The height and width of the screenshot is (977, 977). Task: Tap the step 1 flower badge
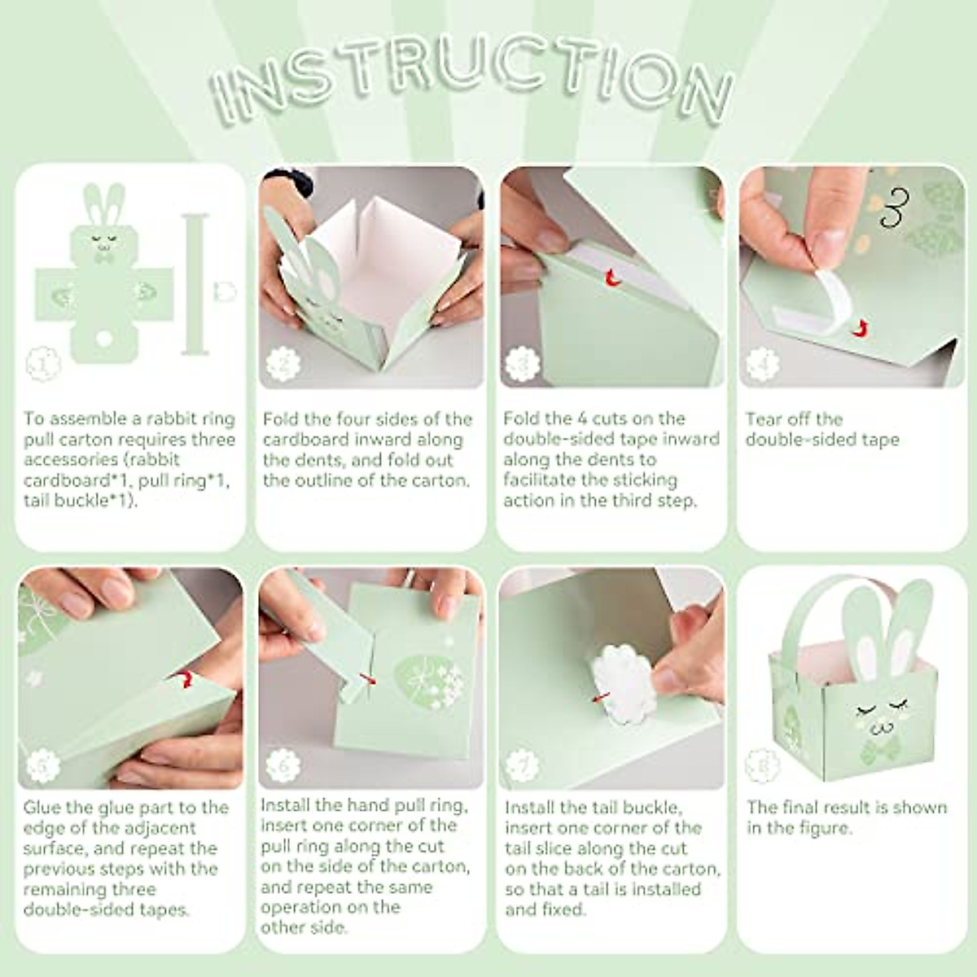click(x=43, y=363)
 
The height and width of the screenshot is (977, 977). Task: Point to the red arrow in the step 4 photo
click(x=861, y=329)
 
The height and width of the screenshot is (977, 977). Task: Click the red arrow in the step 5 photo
click(x=186, y=679)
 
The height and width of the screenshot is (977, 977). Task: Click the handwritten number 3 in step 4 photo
click(x=895, y=208)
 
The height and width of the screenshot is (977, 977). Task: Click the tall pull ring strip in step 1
click(x=195, y=284)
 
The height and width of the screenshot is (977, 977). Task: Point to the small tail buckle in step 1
click(x=225, y=292)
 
